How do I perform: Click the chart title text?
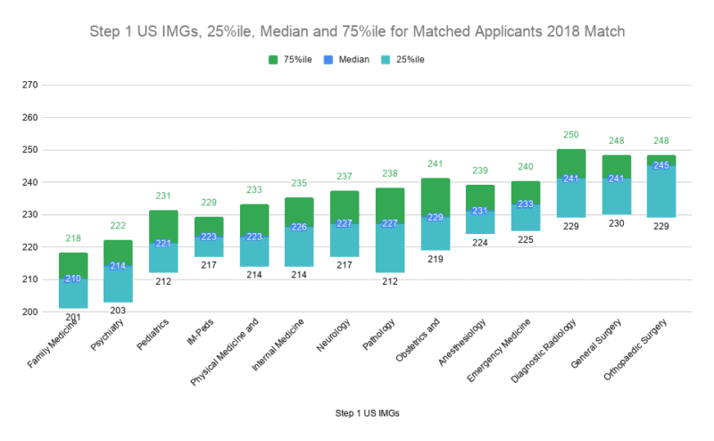[357, 32]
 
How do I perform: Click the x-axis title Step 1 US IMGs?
[357, 414]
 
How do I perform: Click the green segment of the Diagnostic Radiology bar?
[571, 164]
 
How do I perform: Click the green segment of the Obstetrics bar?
[436, 197]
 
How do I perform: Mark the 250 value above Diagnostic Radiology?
[571, 135]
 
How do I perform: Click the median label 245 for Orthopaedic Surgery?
[661, 166]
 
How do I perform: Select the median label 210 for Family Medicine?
[73, 279]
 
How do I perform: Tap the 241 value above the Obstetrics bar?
[436, 164]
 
